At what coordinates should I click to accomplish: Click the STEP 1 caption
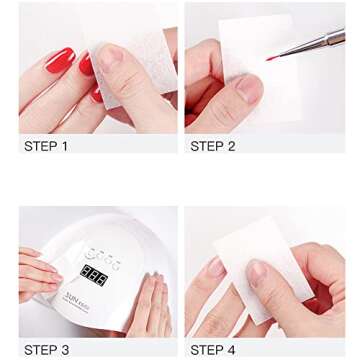45,147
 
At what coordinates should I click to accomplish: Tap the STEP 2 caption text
212,147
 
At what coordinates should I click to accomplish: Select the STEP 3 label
45,351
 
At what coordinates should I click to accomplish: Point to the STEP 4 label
212,351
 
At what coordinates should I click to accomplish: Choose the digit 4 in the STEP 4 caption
232,351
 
